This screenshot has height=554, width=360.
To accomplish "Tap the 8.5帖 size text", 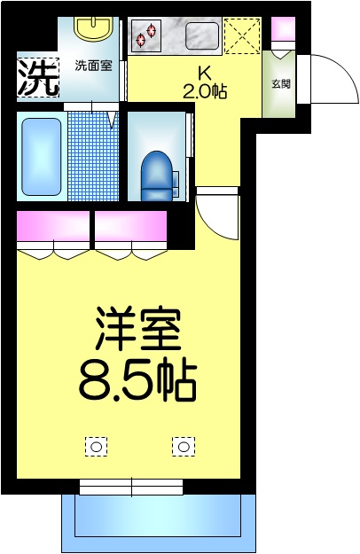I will click(x=137, y=378).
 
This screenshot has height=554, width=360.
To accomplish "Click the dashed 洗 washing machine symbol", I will click(x=38, y=77).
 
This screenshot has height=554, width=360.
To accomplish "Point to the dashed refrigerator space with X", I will click(x=239, y=36).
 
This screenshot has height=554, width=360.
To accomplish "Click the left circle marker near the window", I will click(x=95, y=446).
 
